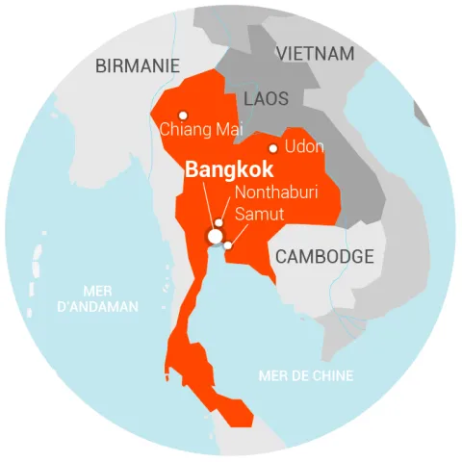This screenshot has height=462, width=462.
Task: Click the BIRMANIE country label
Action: coord(138,65)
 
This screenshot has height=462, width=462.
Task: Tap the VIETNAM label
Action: coord(315,54)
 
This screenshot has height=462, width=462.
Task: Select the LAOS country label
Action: coord(266,99)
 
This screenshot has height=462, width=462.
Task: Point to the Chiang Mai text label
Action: coord(201,129)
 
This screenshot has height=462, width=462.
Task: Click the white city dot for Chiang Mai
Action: coord(183,115)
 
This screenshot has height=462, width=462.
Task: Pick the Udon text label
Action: coord(303,147)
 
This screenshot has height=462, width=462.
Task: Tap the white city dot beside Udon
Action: coord(273,148)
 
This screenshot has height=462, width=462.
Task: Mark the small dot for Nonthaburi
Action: coord(219,223)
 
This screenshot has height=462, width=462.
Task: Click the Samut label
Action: coord(259,214)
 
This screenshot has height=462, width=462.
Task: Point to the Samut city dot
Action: coord(228,245)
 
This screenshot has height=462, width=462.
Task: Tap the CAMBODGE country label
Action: coord(324,257)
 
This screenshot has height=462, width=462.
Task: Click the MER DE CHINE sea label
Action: coord(305,375)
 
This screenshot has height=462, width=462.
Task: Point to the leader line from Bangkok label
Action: coord(209,206)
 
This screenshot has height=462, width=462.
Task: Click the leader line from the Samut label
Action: coord(232,234)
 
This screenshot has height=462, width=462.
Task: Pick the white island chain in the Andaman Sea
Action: coord(37,258)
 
